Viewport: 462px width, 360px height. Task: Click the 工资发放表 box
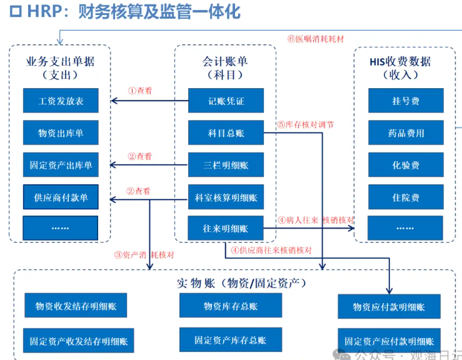[x=61, y=101]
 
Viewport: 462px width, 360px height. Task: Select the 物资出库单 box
[x=61, y=132]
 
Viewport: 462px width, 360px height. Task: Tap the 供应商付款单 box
[x=61, y=197]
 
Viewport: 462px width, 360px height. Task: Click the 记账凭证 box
[x=226, y=101]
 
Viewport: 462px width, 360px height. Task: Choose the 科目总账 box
[x=226, y=132]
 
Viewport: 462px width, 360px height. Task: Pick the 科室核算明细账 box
[x=226, y=197]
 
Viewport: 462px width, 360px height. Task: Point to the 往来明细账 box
[x=226, y=229]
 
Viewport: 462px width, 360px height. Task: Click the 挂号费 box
[x=406, y=101]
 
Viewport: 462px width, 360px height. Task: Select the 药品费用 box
[x=406, y=132]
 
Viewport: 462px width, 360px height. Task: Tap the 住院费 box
[x=406, y=197]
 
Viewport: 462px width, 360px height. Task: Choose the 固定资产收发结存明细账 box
[x=78, y=341]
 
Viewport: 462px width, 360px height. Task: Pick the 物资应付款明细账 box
[x=389, y=307]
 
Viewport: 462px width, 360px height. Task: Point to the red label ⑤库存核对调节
[x=306, y=124]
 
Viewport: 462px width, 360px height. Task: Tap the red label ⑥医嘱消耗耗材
[x=315, y=38]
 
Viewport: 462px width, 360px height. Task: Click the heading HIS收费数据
[x=400, y=61]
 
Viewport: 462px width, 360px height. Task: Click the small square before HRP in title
[x=16, y=12]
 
